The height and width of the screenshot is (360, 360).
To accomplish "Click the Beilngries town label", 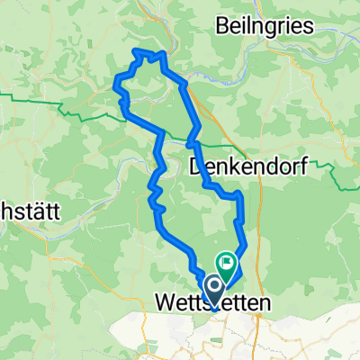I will (x=265, y=26).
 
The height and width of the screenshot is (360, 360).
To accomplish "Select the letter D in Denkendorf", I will (x=198, y=166).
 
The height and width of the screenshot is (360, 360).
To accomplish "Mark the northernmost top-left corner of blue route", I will (x=136, y=52).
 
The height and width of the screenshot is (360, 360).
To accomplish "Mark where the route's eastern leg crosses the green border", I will (x=192, y=142).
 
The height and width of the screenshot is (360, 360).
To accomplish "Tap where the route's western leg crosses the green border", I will (x=160, y=136).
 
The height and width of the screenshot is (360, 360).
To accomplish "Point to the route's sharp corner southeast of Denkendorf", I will (x=239, y=195).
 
